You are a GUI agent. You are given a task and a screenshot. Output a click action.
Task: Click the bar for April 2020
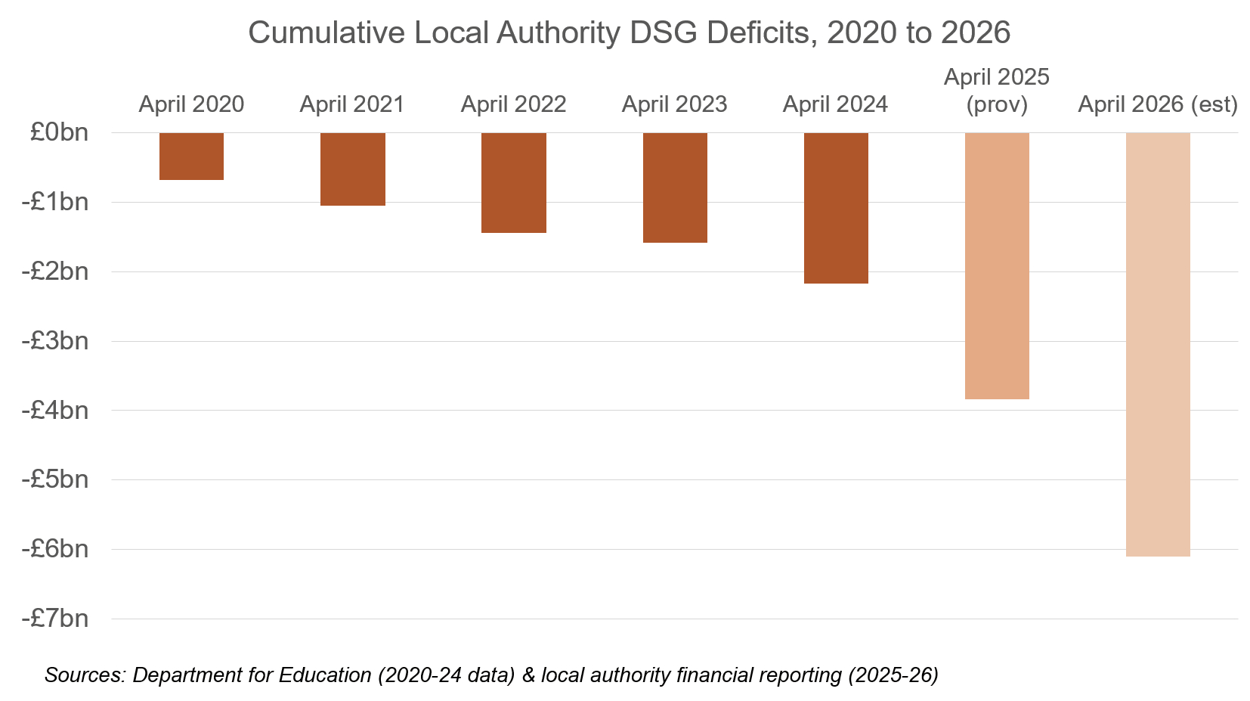[x=191, y=157]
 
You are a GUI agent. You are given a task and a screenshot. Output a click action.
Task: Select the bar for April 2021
[x=352, y=169]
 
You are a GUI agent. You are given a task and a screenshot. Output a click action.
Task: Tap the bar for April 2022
[x=513, y=183]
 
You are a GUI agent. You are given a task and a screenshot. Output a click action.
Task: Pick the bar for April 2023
[x=675, y=188]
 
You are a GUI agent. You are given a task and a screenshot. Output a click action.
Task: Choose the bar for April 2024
[x=836, y=208]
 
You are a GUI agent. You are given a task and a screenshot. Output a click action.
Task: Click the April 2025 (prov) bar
[x=997, y=265]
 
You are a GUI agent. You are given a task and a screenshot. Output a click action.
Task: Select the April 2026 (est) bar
[x=1158, y=344]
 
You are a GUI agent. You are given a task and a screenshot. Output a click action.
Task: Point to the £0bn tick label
[x=59, y=132]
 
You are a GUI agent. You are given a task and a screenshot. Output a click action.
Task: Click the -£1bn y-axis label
[x=54, y=202]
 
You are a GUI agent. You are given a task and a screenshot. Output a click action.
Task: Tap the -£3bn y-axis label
[x=54, y=341]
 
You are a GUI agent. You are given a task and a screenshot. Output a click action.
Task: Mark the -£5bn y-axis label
[x=54, y=479]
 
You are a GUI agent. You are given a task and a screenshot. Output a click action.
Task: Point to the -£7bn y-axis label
[x=54, y=619]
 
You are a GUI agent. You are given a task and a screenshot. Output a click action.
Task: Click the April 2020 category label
[x=191, y=104]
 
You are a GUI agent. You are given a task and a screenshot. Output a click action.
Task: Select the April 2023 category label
[x=674, y=104]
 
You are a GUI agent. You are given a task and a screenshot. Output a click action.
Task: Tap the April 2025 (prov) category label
[x=997, y=91]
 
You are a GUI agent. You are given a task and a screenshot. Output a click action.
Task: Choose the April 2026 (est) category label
[x=1158, y=104]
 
